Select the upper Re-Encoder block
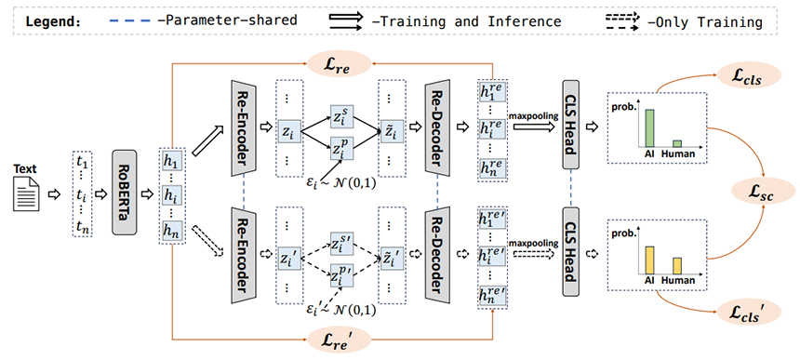(244, 127)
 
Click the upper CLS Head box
(570, 125)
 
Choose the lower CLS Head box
(570, 251)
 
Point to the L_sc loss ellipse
(764, 193)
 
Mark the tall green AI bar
(649, 128)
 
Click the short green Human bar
(677, 144)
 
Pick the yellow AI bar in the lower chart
(649, 260)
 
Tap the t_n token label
(83, 228)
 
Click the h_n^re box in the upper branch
(492, 168)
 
